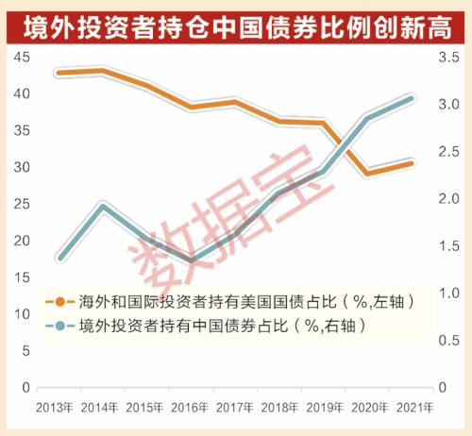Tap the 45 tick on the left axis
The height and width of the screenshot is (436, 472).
coord(20,58)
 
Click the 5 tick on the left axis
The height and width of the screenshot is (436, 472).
coord(24,351)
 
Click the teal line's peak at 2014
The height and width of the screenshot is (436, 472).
coord(104,205)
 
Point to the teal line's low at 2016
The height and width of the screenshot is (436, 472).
coord(192,260)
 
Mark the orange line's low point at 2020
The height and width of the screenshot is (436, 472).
coord(368,174)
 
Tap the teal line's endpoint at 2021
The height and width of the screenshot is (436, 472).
coord(413,97)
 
